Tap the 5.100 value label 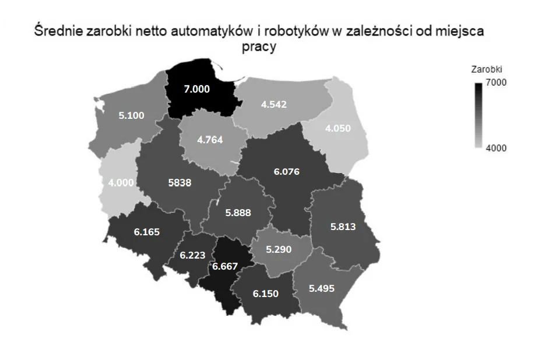[x=132, y=115]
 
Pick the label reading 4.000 [x=121, y=182]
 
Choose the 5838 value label [x=179, y=182]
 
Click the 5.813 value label [x=343, y=227]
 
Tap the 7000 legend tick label [x=497, y=82]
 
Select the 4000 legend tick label [x=497, y=147]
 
